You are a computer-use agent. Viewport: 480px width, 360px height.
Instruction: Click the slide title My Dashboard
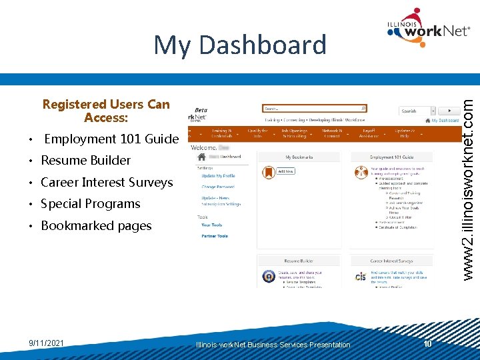240,45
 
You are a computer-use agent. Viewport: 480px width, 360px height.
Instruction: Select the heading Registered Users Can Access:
106,111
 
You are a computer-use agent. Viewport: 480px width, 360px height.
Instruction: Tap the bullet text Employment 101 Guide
111,139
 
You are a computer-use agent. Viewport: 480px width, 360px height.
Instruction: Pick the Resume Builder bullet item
86,161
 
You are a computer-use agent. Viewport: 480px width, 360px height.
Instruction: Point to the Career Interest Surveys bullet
107,183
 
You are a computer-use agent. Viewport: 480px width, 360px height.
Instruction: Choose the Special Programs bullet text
91,204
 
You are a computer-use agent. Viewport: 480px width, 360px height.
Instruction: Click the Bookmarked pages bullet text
96,226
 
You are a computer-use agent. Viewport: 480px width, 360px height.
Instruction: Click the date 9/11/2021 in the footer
46,343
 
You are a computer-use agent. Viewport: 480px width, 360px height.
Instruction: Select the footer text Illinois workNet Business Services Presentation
273,345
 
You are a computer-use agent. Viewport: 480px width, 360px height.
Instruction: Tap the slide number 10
428,343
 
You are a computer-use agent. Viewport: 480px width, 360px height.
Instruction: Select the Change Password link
218,187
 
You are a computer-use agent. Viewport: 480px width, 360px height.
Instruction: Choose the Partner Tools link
214,236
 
